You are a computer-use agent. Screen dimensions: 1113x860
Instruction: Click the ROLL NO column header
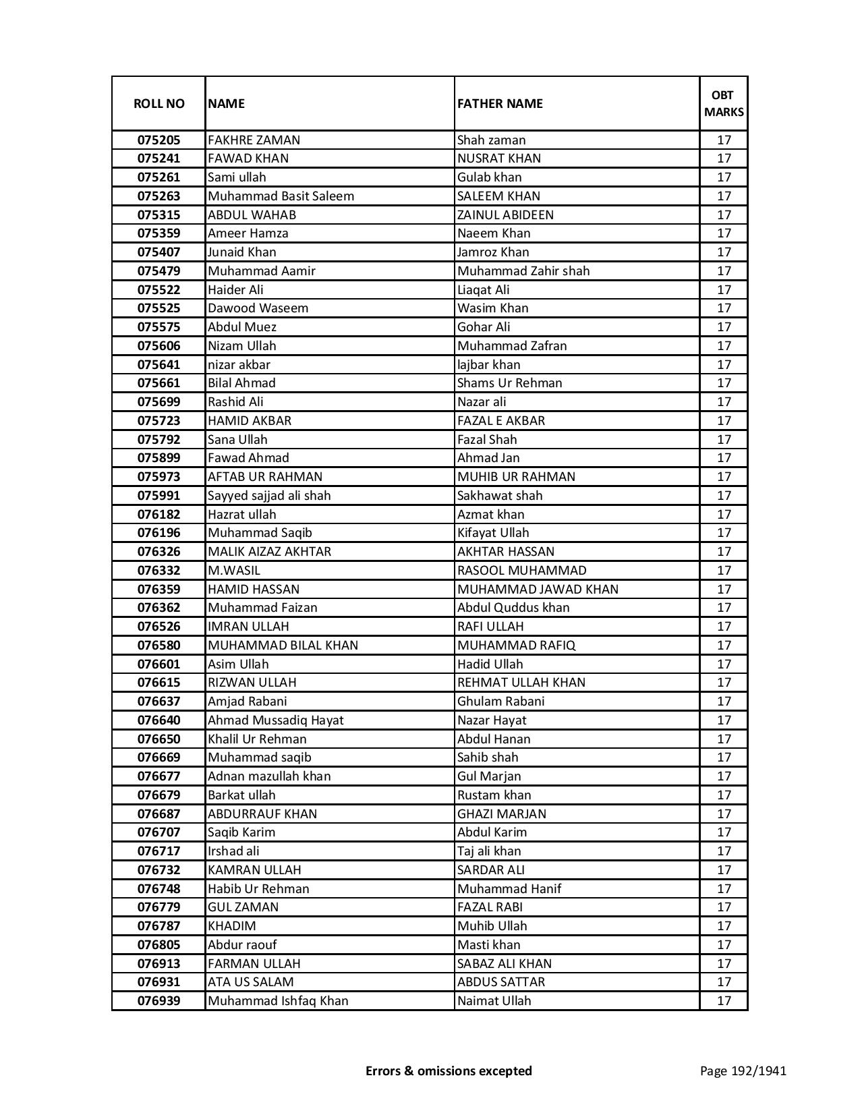point(159,104)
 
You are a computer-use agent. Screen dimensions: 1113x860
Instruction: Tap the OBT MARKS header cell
point(724,104)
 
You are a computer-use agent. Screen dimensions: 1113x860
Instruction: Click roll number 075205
point(159,140)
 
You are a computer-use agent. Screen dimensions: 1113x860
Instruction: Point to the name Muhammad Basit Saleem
point(281,196)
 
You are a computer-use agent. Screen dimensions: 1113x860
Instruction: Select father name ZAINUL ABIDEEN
point(505,215)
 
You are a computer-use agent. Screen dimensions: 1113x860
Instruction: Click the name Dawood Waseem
point(258,308)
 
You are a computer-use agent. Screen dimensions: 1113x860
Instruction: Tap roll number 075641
point(159,365)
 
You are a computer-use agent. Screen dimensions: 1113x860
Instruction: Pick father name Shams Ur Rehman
point(509,383)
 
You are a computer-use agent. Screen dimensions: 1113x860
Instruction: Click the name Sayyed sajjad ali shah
point(269,496)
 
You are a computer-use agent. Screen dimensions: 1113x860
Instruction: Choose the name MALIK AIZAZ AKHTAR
point(269,552)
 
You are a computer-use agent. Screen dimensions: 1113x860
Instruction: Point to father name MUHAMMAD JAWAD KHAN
point(538,590)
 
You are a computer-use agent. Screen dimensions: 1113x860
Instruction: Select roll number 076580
point(159,646)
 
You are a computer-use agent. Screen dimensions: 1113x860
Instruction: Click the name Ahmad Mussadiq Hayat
point(275,720)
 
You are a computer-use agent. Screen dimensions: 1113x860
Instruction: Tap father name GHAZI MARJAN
point(502,814)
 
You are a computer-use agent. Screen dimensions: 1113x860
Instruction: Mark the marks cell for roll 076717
point(724,851)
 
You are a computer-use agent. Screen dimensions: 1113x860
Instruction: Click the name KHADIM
point(232,926)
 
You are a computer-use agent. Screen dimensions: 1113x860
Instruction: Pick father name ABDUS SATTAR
point(501,982)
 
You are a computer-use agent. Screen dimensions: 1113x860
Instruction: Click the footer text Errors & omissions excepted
point(449,1071)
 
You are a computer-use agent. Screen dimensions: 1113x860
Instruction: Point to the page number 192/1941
point(743,1071)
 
